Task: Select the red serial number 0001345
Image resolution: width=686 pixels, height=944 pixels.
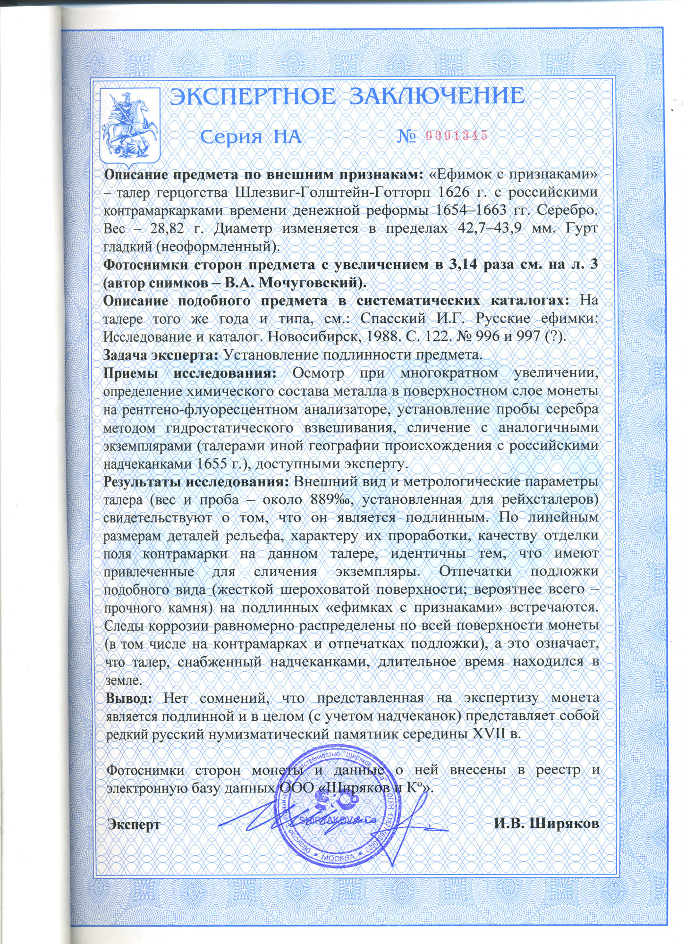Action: point(456,136)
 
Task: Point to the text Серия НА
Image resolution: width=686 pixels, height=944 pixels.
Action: point(250,137)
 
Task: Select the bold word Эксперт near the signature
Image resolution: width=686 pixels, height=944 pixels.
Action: point(135,825)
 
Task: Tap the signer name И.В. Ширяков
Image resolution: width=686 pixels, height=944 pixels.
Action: point(547,825)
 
